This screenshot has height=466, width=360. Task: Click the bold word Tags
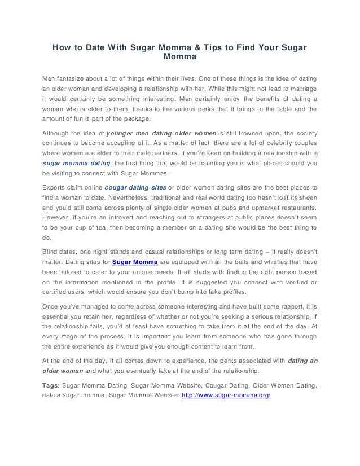pyautogui.click(x=52, y=385)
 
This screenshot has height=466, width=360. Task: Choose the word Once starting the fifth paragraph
pyautogui.click(x=52, y=306)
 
